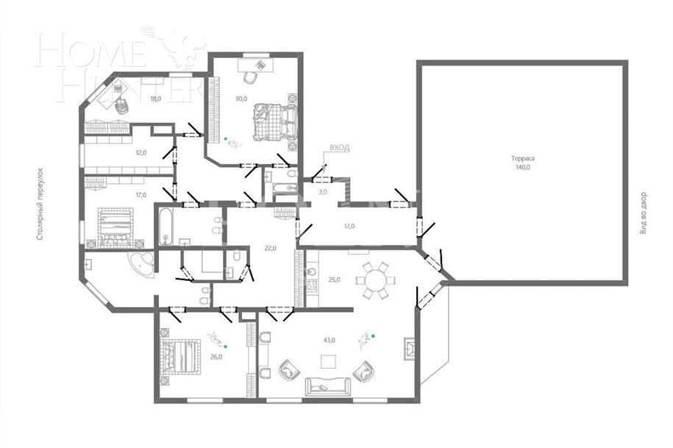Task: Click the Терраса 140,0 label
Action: click(523, 163)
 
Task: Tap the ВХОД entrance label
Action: click(339, 148)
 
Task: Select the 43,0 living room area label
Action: click(330, 340)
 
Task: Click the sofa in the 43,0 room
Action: click(327, 386)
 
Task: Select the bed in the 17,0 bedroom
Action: click(115, 226)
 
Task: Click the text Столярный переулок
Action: click(40, 204)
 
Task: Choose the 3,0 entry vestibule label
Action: click(322, 192)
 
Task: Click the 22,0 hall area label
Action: click(270, 248)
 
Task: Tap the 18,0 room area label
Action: click(155, 98)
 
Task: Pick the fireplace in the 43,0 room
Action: click(408, 349)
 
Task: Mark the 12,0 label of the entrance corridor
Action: click(349, 226)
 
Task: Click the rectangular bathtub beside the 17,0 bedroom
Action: click(165, 227)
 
